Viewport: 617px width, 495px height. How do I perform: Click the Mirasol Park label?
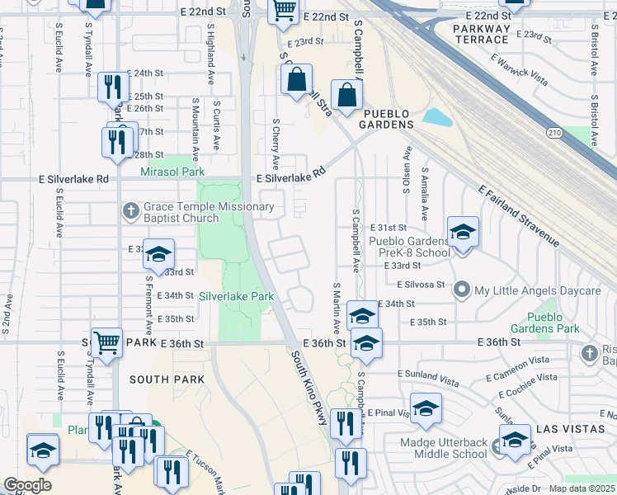pos(172,172)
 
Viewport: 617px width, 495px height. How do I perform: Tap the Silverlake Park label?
pos(236,295)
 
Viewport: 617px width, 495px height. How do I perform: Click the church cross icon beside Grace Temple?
pos(130,211)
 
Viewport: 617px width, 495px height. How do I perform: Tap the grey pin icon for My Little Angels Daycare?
pos(461,290)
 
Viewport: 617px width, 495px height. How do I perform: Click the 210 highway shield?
pos(554,131)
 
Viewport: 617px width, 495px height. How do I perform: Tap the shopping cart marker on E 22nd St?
pos(284,10)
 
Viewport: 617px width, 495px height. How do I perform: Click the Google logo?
pos(27,485)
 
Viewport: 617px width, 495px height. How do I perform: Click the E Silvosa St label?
pos(421,284)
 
